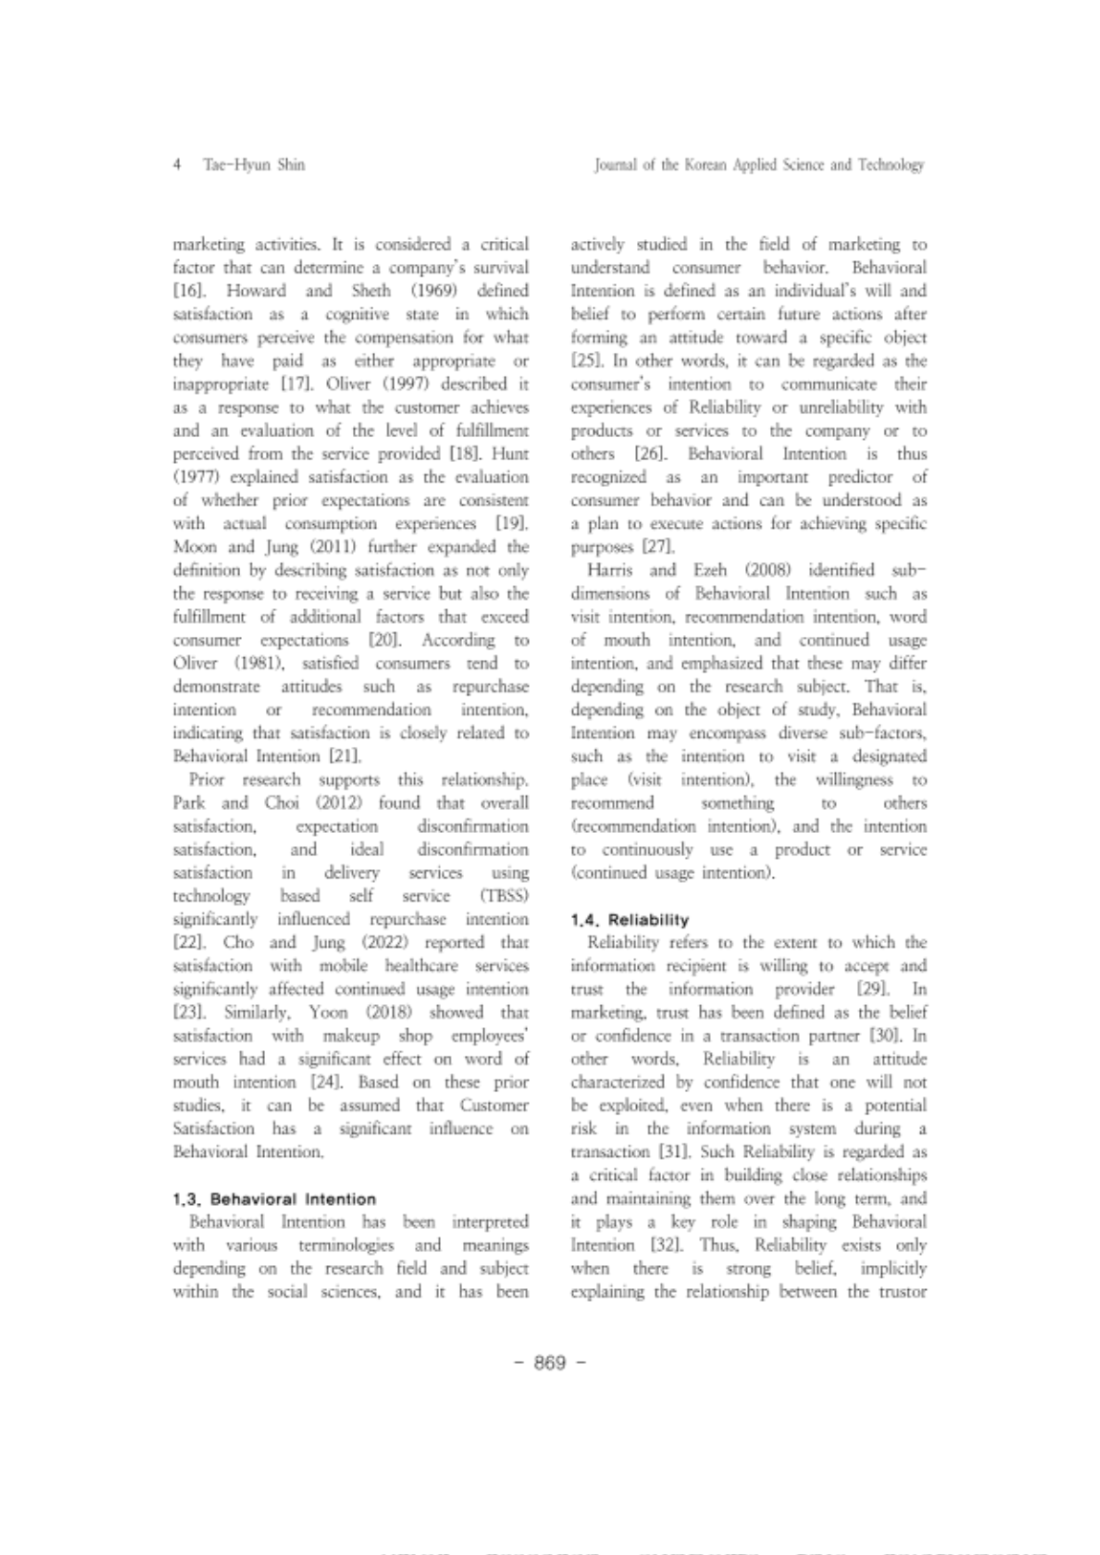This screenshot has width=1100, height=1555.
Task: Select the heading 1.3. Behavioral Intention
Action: (275, 1198)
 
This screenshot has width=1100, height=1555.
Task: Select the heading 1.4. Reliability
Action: (628, 920)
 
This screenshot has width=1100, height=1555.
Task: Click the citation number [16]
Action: (186, 291)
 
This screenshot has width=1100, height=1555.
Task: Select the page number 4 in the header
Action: (178, 164)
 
